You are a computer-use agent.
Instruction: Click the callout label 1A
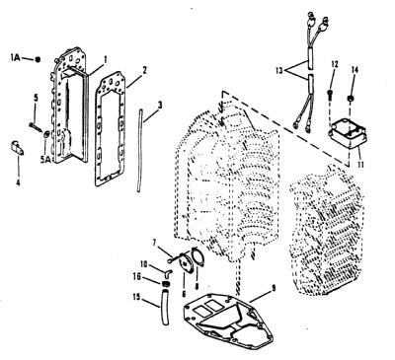tap(15, 58)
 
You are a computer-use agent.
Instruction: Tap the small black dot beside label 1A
tap(38, 59)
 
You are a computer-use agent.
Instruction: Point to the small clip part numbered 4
tap(18, 148)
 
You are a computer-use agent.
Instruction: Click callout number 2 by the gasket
tap(144, 70)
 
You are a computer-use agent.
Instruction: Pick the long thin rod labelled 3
tap(139, 151)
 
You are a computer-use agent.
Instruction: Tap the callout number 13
tap(279, 71)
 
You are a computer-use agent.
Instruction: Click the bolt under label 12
tap(330, 94)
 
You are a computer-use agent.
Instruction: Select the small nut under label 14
tap(351, 98)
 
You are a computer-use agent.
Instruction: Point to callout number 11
tap(360, 164)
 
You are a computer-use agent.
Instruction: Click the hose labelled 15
tap(165, 307)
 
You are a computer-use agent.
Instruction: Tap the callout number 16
tap(137, 276)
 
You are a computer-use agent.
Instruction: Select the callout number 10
tap(144, 264)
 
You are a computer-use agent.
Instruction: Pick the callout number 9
tap(274, 289)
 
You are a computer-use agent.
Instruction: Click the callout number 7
tap(154, 243)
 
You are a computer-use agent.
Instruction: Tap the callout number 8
tap(197, 286)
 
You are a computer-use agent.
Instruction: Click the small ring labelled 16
tap(166, 283)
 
